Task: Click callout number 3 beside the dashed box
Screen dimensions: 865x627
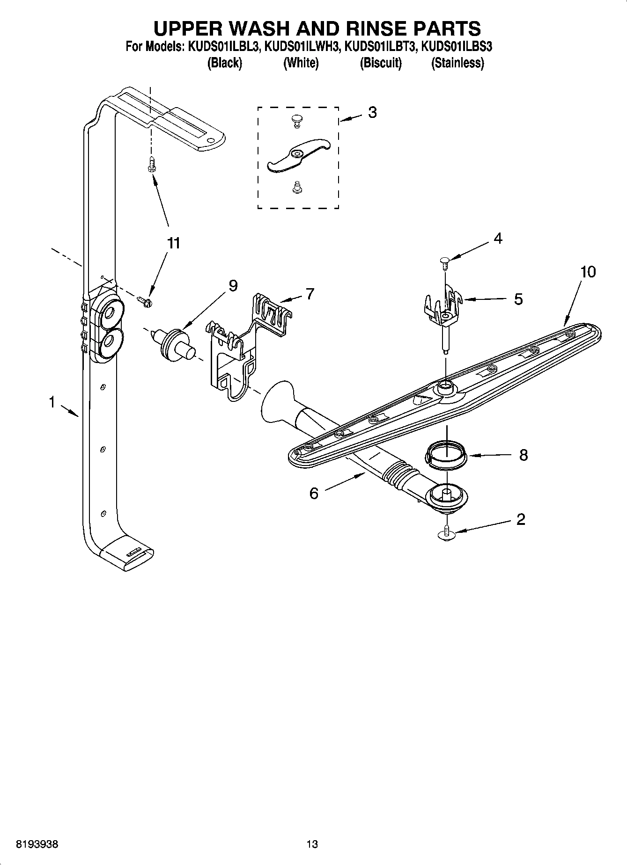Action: pos(372,113)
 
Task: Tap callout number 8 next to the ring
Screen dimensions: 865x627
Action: pos(524,455)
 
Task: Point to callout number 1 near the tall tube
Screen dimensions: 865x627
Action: pos(52,401)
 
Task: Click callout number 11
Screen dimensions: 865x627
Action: pos(173,243)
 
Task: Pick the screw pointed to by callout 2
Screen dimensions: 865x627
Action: pos(447,533)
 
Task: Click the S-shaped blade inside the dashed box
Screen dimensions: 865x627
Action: pos(298,155)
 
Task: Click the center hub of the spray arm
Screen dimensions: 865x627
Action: pos(445,387)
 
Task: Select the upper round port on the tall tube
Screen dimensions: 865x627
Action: pos(110,313)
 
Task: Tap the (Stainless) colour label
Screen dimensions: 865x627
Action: pos(457,63)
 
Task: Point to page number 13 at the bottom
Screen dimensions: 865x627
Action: pos(312,844)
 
